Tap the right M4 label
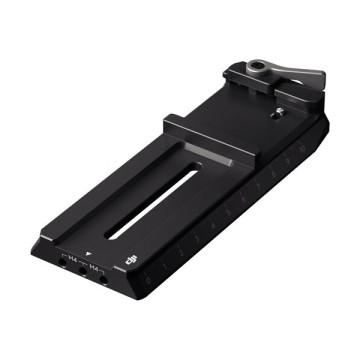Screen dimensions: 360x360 93,268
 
